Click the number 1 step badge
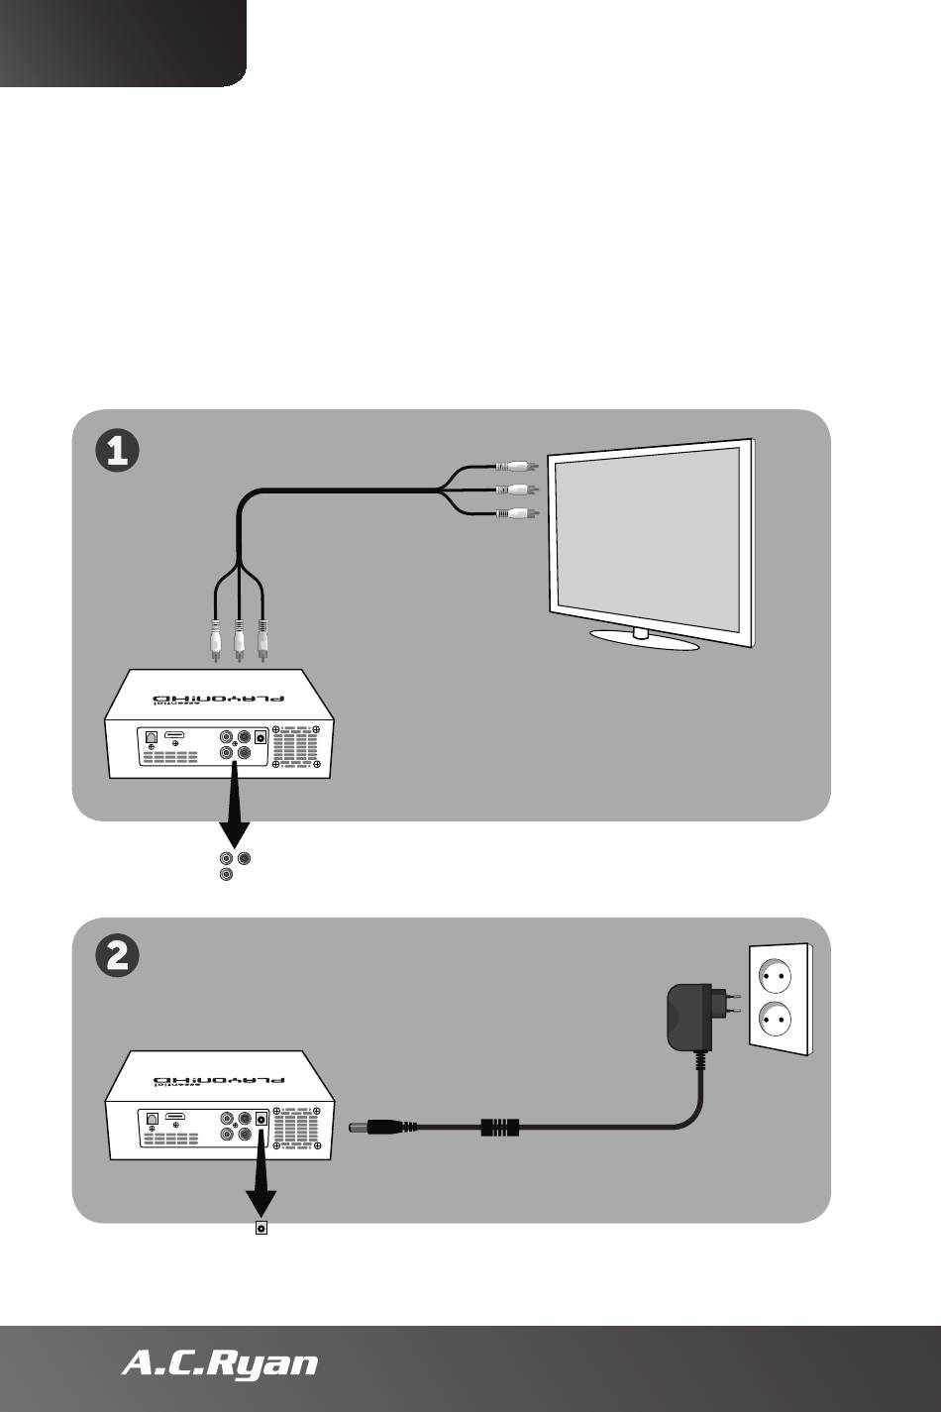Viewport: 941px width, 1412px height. [x=116, y=451]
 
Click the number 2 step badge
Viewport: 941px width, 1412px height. [x=116, y=957]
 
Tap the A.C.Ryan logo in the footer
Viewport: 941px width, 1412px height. [x=219, y=1364]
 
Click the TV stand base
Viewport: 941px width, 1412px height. [x=644, y=640]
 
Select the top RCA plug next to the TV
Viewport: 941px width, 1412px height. [x=517, y=465]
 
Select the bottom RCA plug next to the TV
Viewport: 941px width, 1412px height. [x=517, y=513]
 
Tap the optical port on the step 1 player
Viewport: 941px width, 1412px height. [x=151, y=737]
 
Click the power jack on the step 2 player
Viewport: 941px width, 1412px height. [x=261, y=1118]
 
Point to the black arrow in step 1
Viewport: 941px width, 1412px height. [x=235, y=803]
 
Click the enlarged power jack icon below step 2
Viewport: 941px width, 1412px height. [x=261, y=1229]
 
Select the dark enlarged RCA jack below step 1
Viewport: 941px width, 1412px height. [x=245, y=858]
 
